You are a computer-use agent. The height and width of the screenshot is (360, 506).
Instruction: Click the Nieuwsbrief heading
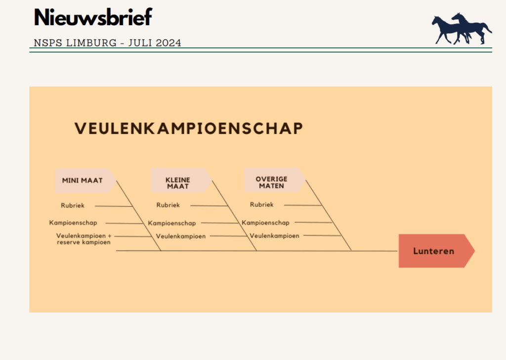coord(93,17)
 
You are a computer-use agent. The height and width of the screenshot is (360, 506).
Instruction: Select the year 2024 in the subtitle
coord(168,43)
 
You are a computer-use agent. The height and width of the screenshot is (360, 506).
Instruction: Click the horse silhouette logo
coord(462,29)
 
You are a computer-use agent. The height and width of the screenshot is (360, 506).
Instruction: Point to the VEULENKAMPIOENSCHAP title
coord(189,128)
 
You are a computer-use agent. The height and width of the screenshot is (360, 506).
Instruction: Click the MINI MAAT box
coord(85,180)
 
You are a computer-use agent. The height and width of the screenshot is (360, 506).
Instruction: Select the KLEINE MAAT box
coord(181,180)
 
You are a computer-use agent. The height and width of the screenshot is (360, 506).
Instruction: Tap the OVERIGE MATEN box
coord(275,180)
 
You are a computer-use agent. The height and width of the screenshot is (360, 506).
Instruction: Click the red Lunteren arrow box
coord(437,251)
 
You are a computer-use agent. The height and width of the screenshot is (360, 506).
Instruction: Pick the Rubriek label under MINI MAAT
coord(73,206)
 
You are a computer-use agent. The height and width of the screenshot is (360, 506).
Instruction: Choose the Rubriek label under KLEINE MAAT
coord(168,205)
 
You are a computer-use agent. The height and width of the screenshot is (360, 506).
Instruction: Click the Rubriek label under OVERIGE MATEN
coord(262,205)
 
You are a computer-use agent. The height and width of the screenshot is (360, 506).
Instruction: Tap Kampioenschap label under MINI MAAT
coord(73,223)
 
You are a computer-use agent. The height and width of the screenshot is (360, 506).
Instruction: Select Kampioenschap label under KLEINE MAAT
coord(171,223)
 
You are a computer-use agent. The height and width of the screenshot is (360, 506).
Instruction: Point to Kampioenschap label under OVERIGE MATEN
coord(265,223)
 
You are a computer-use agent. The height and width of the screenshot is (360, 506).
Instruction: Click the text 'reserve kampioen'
coord(84,242)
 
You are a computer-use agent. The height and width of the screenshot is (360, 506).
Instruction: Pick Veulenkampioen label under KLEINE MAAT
coord(181,236)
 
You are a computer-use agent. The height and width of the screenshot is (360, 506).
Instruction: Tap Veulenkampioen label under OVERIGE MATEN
coord(274,236)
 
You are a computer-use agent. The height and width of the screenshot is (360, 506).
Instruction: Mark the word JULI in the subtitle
coord(140,43)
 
